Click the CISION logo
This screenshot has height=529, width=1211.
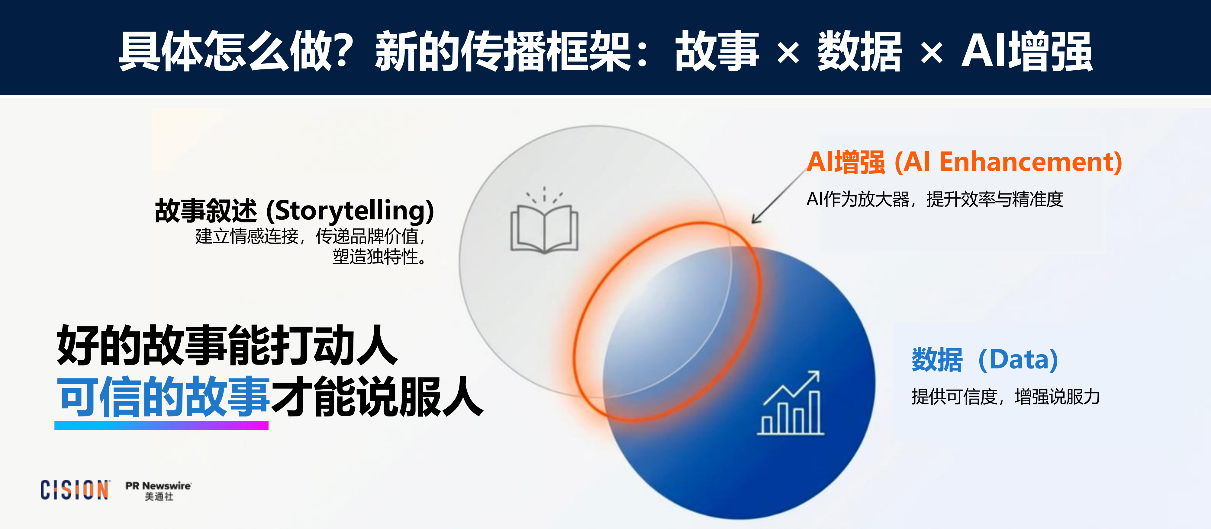[x=75, y=490]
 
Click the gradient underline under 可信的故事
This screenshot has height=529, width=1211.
[x=161, y=425]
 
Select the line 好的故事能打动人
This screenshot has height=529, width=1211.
[x=227, y=345]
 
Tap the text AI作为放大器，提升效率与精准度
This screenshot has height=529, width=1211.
[x=935, y=199]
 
